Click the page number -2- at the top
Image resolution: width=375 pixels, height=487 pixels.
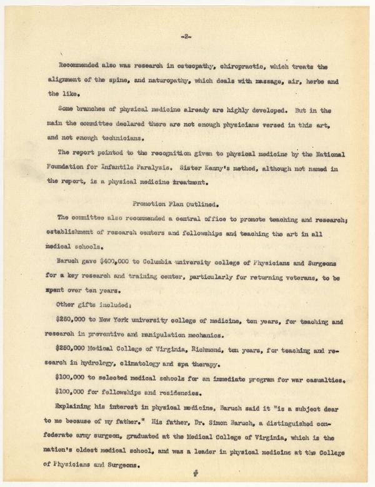point(186,37)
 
